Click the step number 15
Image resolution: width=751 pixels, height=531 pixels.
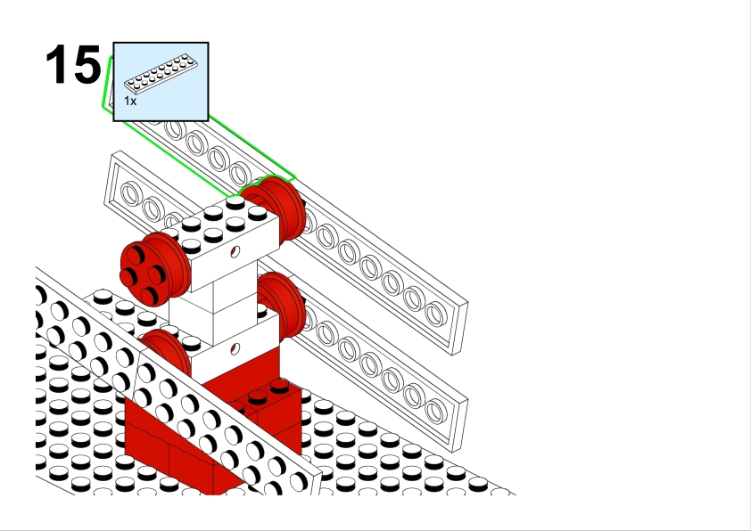click(73, 65)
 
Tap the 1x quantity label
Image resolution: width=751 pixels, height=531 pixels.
click(130, 102)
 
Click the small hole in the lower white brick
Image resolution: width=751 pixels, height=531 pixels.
click(235, 348)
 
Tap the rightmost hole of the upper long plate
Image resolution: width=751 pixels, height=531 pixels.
click(435, 313)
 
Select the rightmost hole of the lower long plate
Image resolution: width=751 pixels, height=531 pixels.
click(435, 410)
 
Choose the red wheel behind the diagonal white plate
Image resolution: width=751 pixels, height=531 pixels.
click(166, 350)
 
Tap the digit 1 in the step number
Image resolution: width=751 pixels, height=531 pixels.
click(56, 65)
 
